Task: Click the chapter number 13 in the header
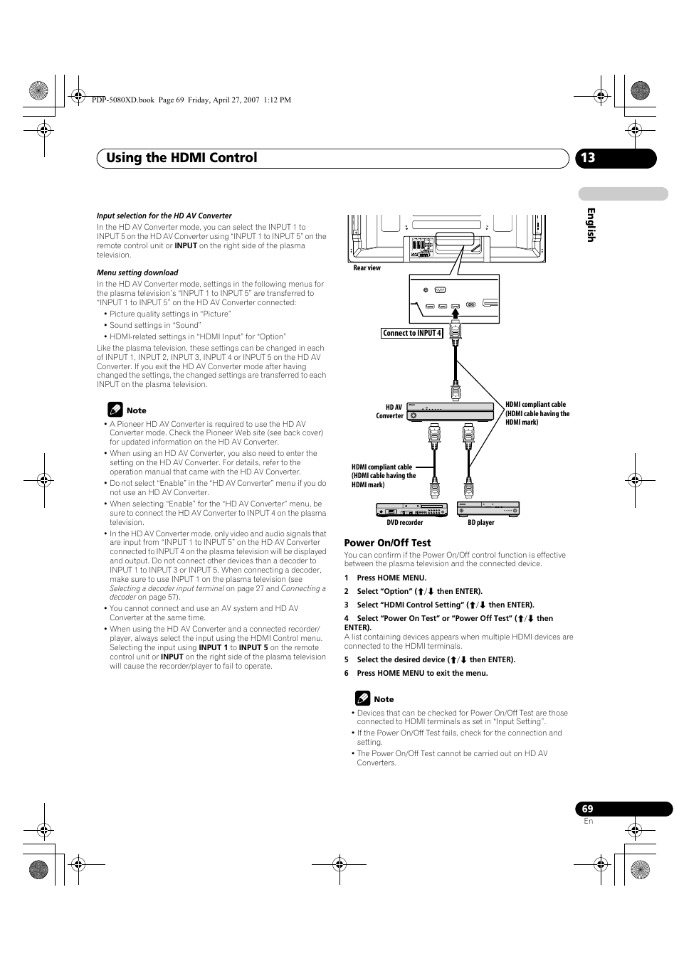(587, 158)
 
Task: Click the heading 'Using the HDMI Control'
(181, 158)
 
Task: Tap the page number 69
(587, 809)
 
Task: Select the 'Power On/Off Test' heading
(387, 543)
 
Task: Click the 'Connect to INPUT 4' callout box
(412, 333)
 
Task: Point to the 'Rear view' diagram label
(367, 268)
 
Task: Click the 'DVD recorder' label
(405, 523)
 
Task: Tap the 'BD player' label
(481, 523)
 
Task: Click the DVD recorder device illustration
(411, 509)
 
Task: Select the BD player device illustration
(488, 509)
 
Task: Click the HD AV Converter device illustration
(450, 412)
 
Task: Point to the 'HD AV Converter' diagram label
(391, 412)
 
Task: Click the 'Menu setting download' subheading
(137, 272)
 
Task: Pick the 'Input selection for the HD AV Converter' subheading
(164, 216)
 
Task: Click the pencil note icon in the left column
(115, 410)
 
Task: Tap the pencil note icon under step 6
(362, 699)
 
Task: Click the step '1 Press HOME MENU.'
(386, 578)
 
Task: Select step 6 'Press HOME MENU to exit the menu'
(416, 673)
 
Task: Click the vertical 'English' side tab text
(590, 225)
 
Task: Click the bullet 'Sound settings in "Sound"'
(155, 325)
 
